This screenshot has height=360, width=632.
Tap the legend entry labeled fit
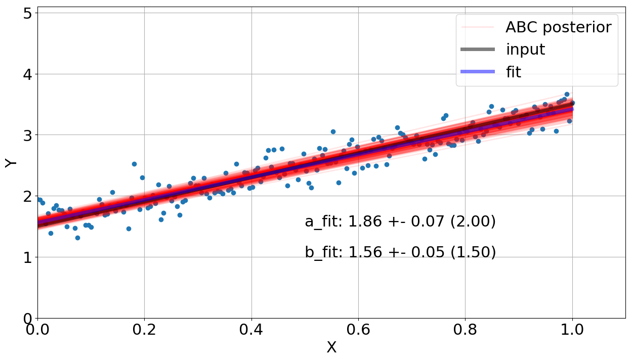pos(513,72)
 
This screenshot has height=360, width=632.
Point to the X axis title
pos(331,348)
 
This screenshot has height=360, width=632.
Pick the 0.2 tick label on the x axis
pos(144,330)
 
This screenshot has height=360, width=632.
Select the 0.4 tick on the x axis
pos(251,330)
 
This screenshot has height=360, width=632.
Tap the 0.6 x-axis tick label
pos(358,330)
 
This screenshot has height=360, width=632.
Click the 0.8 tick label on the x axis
pos(466,330)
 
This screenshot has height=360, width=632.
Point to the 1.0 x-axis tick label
pos(572,330)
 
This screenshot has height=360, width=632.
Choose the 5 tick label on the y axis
pos(28,13)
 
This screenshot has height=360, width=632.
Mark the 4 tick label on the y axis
pos(28,74)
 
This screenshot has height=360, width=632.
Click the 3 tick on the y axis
pos(28,135)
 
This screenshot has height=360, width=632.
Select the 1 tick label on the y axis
pos(28,257)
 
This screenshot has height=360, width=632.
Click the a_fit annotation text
pos(400,221)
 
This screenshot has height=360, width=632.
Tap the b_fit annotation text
pos(400,252)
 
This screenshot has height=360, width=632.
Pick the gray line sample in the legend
pos(477,50)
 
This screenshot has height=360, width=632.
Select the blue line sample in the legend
pos(477,72)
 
